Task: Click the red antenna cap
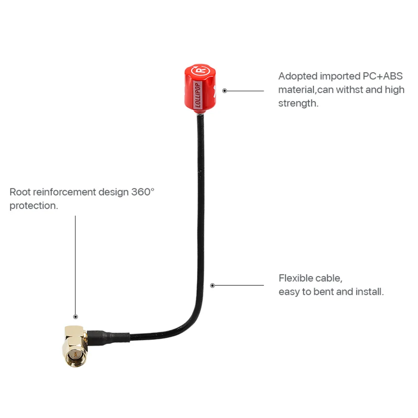pyautogui.click(x=200, y=89)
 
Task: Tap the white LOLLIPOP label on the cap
pyautogui.click(x=198, y=95)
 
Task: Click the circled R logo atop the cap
pyautogui.click(x=200, y=71)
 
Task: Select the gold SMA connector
pyautogui.click(x=75, y=346)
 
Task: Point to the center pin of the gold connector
pyautogui.click(x=76, y=355)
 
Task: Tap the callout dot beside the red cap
pyautogui.click(x=225, y=91)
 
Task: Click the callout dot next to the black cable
pyautogui.click(x=213, y=286)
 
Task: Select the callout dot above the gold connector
pyautogui.click(x=76, y=317)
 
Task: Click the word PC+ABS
pyautogui.click(x=383, y=76)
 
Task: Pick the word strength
pyautogui.click(x=298, y=103)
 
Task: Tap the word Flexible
pyautogui.click(x=296, y=278)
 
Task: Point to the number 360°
pyautogui.click(x=143, y=192)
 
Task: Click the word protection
pyautogui.click(x=33, y=205)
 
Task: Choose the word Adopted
pyautogui.click(x=298, y=76)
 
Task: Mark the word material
pyautogui.click(x=297, y=90)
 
